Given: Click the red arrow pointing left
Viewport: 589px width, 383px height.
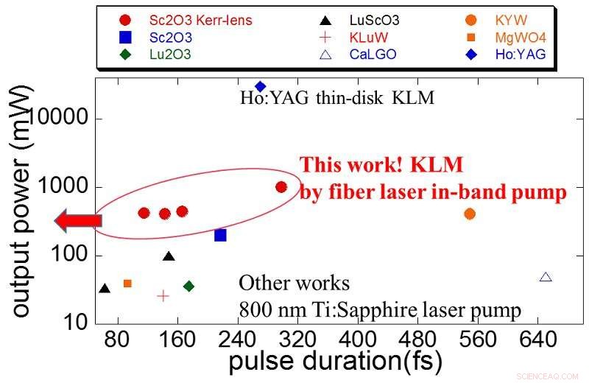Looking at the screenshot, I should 77,219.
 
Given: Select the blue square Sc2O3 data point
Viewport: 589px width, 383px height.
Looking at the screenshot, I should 220,235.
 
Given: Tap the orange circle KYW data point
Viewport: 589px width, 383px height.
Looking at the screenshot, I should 470,214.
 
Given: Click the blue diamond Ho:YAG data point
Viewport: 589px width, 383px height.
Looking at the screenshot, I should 260,87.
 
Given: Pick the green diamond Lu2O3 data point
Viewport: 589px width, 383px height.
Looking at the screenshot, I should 188,286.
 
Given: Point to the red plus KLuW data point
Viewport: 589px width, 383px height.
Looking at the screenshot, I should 163,295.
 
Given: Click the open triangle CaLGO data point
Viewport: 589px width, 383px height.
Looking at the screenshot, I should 546,277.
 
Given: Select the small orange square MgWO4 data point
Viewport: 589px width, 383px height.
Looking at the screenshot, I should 127,283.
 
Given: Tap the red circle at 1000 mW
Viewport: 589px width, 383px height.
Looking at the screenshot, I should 281,187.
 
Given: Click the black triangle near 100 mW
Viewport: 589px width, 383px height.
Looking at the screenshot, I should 169,256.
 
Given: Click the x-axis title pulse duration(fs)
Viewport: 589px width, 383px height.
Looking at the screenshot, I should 335,362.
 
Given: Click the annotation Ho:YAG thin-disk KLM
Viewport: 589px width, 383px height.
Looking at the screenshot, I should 337,97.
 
